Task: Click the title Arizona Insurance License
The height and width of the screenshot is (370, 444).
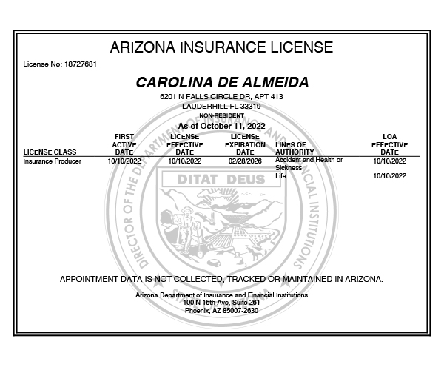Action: click(221, 48)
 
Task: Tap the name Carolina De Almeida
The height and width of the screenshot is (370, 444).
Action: click(222, 82)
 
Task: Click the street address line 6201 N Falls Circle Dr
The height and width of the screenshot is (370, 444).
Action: click(222, 97)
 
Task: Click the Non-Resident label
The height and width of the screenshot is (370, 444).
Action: click(222, 116)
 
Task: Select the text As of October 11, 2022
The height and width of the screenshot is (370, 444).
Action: click(222, 126)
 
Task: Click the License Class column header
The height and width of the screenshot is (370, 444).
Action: click(50, 152)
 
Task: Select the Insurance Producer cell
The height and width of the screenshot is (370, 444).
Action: click(53, 161)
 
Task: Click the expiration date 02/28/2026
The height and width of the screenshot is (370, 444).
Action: click(245, 161)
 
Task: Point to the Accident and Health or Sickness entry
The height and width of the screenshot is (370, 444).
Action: click(309, 164)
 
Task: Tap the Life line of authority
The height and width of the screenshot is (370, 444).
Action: click(280, 176)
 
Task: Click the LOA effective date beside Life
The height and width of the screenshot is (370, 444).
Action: click(389, 176)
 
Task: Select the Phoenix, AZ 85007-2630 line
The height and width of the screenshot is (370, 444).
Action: click(222, 310)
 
